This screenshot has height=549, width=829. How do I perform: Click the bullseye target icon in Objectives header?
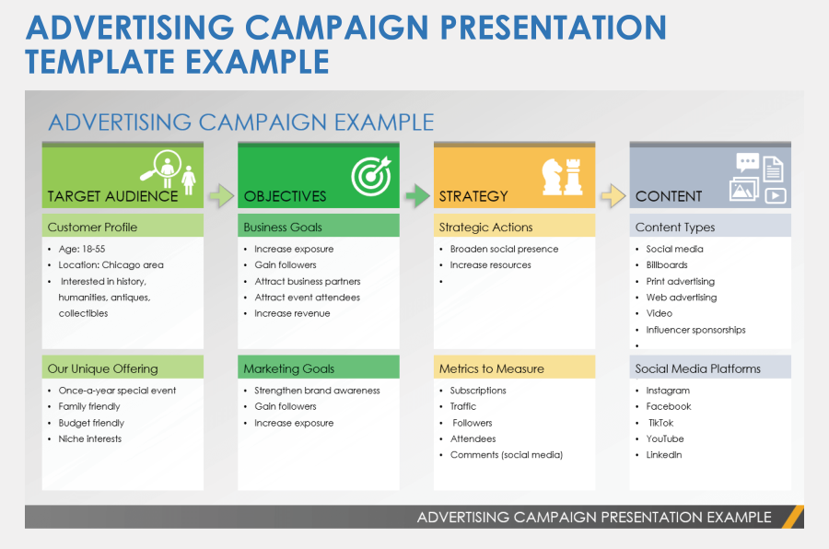point(371,175)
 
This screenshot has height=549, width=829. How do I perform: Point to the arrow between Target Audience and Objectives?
point(220,195)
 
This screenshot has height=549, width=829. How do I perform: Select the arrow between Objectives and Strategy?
point(416,195)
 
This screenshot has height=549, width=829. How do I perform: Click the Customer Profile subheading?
point(93,227)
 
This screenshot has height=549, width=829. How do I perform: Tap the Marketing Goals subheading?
point(288,368)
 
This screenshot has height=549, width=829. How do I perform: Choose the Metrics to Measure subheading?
point(491,368)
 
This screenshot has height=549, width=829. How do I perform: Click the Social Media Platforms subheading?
point(697,368)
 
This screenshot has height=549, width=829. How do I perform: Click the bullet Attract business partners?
point(307,281)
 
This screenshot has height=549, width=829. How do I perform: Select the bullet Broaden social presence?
point(504,249)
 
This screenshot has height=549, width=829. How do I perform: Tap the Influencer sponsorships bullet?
point(695,330)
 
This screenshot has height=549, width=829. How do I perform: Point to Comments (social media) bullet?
point(506,455)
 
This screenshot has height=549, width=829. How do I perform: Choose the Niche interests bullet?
point(89,438)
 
